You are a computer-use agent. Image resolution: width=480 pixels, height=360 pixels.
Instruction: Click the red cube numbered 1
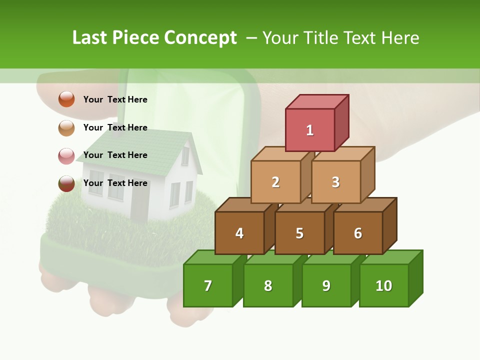pos(310,130)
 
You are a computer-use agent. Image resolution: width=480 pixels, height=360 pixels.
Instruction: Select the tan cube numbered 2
pos(275,182)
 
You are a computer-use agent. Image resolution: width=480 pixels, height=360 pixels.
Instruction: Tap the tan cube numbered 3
pos(335,182)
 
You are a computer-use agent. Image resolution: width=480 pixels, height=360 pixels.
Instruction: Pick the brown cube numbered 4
pos(239,233)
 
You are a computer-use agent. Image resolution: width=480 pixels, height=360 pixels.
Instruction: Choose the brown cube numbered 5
pos(299,233)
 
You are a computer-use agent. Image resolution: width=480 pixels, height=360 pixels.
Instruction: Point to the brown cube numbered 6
pos(357,233)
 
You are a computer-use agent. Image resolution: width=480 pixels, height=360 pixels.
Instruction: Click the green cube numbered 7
pos(208,285)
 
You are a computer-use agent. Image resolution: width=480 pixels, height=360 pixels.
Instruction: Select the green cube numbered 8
pos(268,285)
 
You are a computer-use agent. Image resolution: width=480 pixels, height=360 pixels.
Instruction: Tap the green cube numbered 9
pos(326,285)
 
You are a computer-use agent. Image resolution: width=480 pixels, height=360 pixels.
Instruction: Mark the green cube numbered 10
pos(384,285)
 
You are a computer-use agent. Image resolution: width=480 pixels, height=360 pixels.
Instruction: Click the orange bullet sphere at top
pos(66,99)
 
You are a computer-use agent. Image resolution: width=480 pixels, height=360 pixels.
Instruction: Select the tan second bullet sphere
pos(66,127)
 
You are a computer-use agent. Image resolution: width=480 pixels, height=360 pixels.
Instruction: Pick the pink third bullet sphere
pos(66,156)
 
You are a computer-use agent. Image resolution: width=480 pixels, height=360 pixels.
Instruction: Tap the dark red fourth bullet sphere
pos(66,183)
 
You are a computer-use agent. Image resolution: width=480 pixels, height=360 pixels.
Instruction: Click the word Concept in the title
pos(200,38)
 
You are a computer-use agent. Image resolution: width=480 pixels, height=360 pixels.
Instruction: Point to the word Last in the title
pos(90,38)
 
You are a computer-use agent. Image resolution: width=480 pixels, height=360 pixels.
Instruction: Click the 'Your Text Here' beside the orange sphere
pos(115,99)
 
